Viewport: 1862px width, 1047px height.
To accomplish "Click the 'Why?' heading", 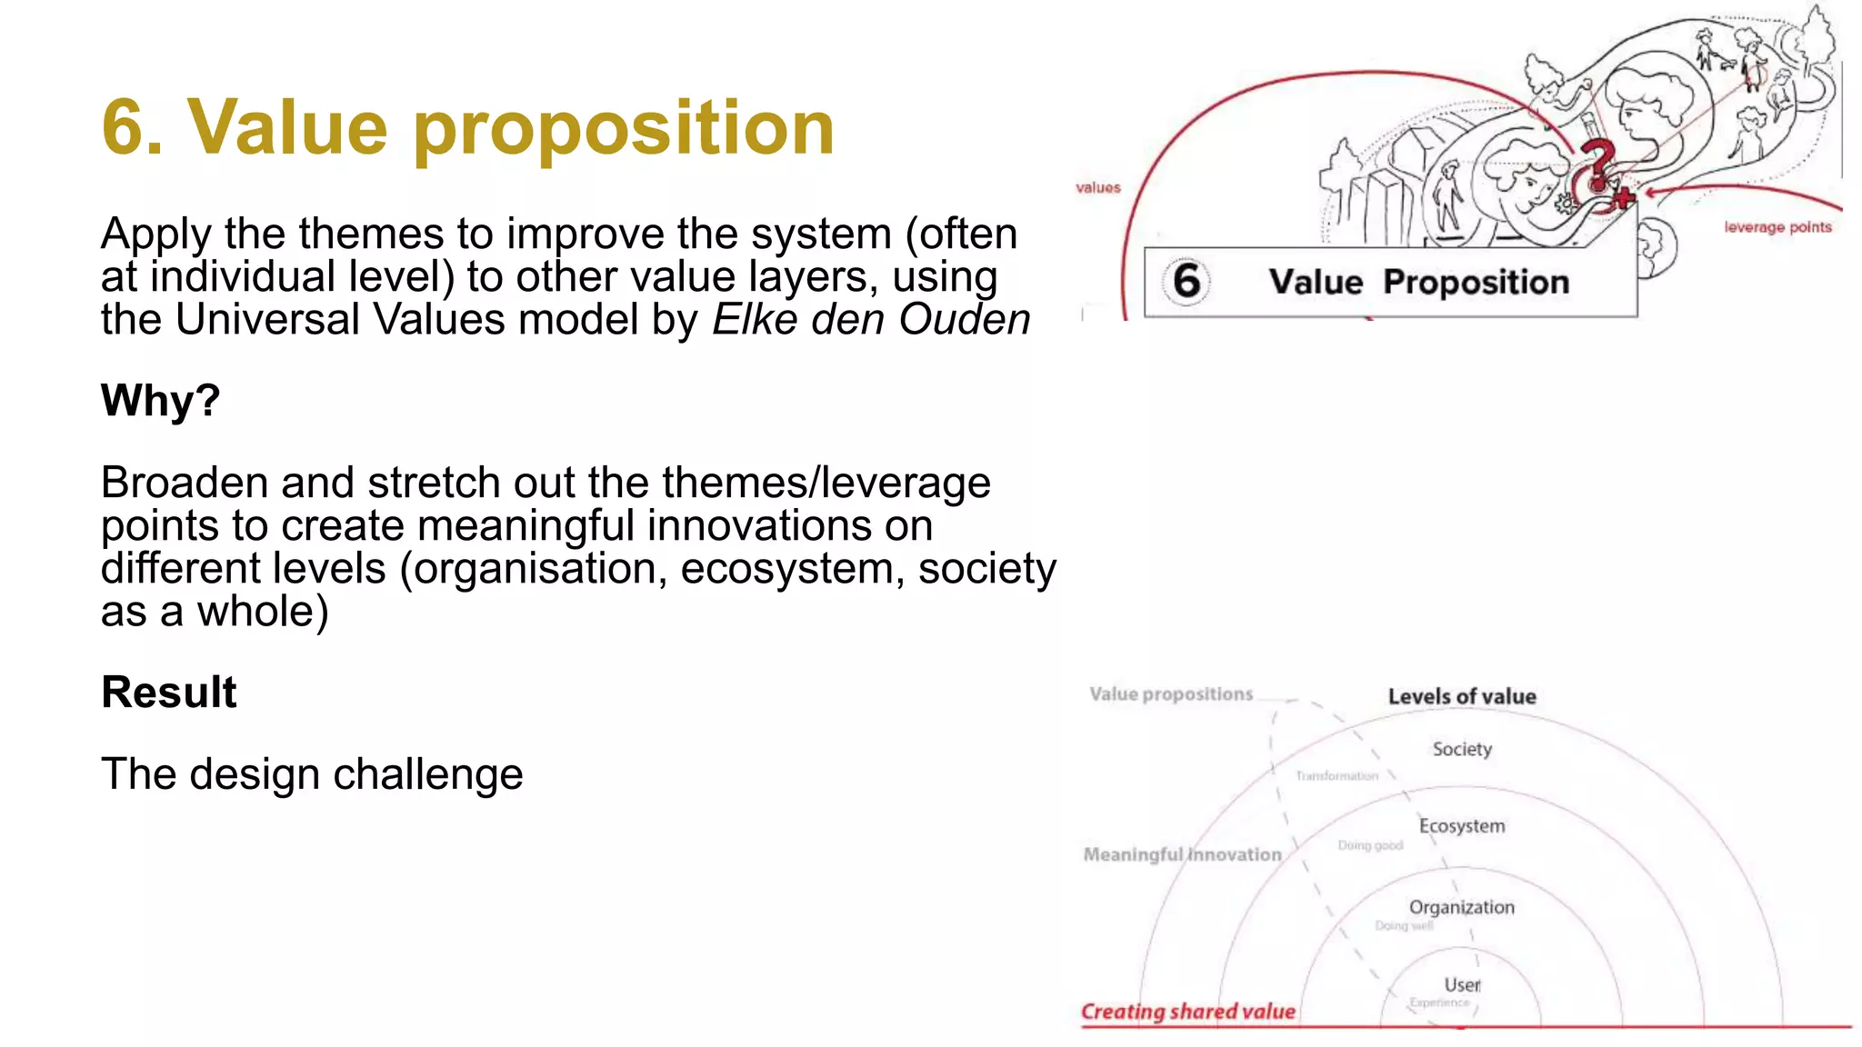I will tap(160, 401).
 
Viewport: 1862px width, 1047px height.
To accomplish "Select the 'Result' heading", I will tap(169, 693).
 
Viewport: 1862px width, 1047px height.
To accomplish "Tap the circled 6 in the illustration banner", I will tap(1186, 281).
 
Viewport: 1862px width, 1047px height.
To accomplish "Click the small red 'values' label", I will tap(1097, 188).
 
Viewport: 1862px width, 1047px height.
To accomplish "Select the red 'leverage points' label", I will tap(1777, 227).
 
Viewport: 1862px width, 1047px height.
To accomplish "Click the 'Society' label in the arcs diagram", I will tap(1462, 749).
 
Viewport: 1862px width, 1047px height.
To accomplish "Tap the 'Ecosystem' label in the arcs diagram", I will tap(1462, 826).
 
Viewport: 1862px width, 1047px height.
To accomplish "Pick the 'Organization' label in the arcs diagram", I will tap(1461, 907).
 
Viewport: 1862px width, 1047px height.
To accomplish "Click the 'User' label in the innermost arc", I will tap(1462, 985).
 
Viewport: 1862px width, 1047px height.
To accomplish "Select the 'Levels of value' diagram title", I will tap(1462, 697).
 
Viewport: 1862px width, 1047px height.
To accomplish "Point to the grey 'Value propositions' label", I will tap(1171, 694).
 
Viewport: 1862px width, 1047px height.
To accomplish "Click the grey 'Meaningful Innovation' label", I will tap(1182, 854).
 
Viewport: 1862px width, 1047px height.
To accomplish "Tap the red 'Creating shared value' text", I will tap(1187, 1012).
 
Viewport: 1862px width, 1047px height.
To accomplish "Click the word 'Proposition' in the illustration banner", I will tap(1476, 283).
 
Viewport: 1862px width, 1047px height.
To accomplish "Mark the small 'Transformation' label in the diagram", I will tap(1336, 776).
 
